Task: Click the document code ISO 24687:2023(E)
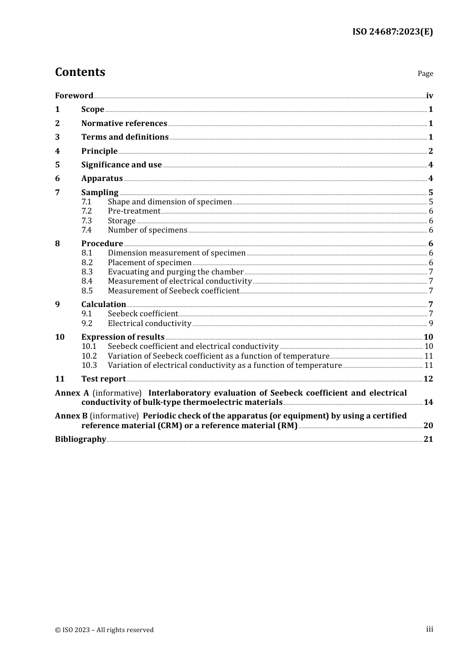[392, 32]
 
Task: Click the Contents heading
[80, 72]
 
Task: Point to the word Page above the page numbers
[425, 73]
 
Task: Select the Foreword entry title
[74, 95]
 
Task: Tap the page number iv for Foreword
[429, 95]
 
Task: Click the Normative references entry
[124, 123]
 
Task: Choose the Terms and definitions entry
[125, 137]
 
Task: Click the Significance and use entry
[122, 164]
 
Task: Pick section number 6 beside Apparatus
[57, 178]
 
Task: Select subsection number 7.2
[87, 211]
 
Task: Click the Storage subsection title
[122, 220]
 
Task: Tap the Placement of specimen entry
[150, 262]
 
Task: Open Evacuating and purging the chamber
[176, 272]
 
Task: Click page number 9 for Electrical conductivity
[431, 323]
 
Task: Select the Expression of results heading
[123, 337]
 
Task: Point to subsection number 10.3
[89, 365]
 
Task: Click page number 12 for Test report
[428, 379]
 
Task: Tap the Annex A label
[72, 393]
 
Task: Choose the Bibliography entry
[80, 439]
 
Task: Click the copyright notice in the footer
[104, 630]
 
